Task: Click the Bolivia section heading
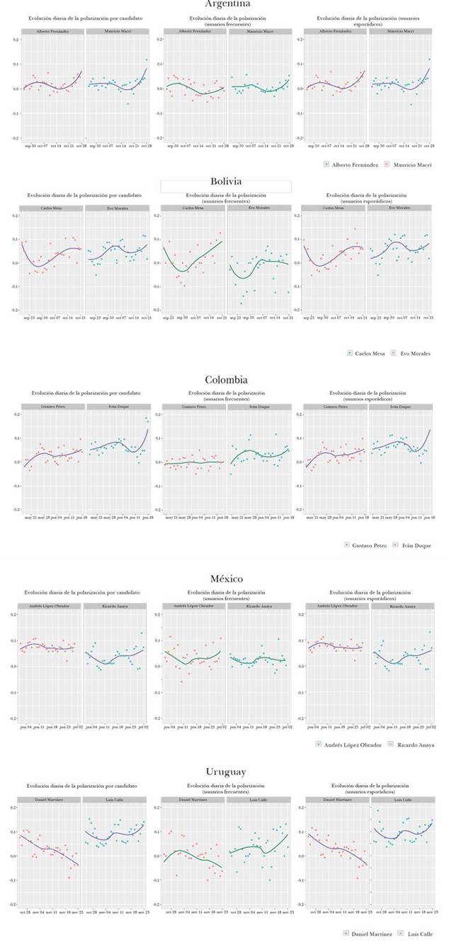(x=226, y=181)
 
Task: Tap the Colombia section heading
(x=226, y=380)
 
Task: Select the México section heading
(x=227, y=579)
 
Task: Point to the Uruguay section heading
(x=226, y=772)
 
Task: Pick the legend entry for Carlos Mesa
(x=370, y=353)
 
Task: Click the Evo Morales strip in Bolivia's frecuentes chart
(x=258, y=208)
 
